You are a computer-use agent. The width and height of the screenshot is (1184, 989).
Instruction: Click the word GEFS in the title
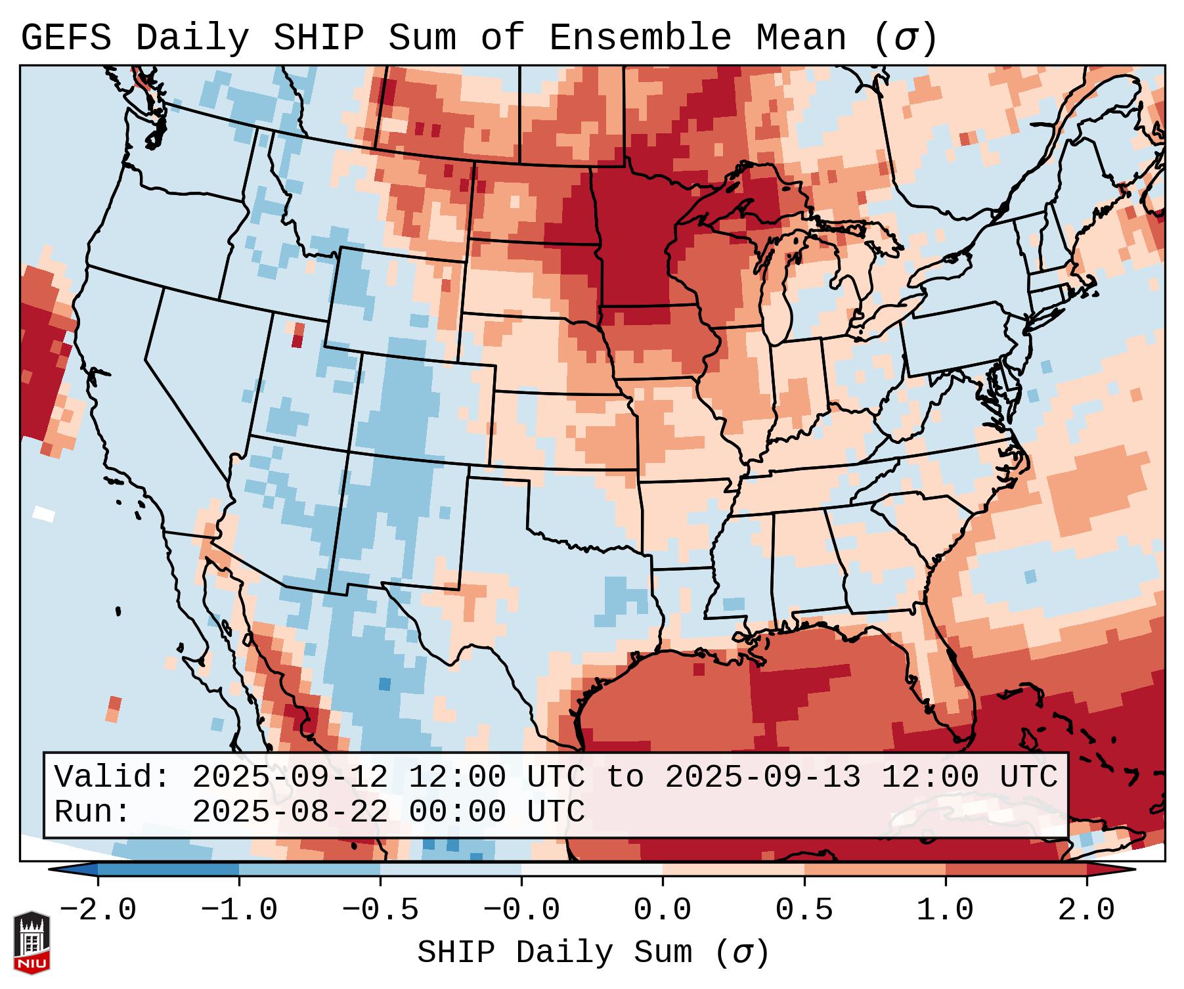point(66,38)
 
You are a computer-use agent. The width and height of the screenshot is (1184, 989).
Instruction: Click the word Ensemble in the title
point(640,38)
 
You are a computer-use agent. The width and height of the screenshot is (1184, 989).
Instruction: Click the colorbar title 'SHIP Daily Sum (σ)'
point(592,953)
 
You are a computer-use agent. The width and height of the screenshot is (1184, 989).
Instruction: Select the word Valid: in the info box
point(112,778)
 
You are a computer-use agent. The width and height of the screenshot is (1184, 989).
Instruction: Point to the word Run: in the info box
point(93,812)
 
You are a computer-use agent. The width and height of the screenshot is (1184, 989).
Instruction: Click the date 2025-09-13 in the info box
point(762,778)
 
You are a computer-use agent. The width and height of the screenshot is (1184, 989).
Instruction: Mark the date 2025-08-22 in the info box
point(290,812)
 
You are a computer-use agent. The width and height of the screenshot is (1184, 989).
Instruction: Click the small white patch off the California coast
point(44,513)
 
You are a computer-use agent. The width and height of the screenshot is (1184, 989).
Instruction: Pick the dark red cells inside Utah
point(298,335)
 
